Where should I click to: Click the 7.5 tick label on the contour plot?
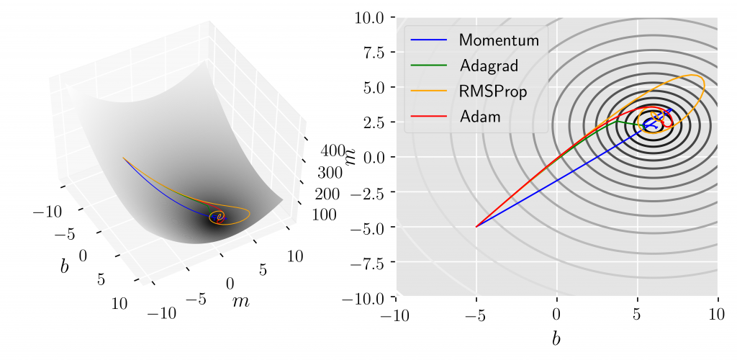[x=374, y=52]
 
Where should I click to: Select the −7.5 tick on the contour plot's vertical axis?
[x=368, y=262]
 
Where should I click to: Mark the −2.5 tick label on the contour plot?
[x=368, y=192]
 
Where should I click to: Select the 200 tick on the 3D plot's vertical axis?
[x=327, y=194]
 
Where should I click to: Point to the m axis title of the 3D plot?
[x=240, y=301]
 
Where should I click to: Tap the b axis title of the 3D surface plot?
[x=65, y=266]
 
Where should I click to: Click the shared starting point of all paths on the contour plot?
[x=476, y=227]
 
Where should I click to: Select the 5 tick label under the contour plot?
[x=637, y=315]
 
